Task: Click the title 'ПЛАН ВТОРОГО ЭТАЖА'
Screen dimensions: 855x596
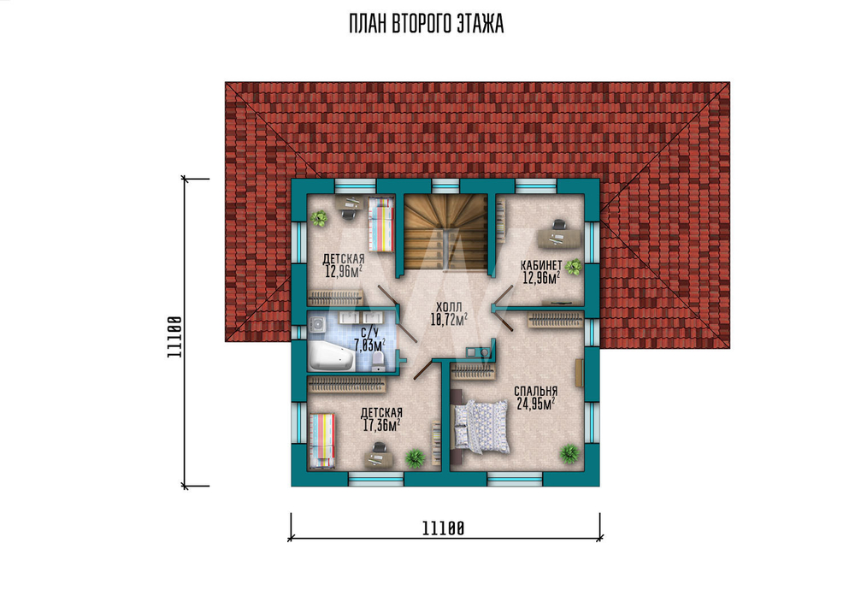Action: point(427,25)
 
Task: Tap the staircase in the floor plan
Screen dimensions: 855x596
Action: point(445,232)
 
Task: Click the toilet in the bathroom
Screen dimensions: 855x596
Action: point(377,361)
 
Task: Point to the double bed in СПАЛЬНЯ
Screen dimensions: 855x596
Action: point(481,427)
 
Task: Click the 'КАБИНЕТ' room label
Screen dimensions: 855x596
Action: point(541,265)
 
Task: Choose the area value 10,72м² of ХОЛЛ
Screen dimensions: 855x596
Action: point(449,320)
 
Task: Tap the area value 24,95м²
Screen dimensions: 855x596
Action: point(535,404)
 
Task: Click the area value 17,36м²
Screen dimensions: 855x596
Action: point(381,425)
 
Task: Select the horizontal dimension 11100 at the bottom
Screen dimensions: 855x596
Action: point(443,528)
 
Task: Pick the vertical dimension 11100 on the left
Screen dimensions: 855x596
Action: point(174,336)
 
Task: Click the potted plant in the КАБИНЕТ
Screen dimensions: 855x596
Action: point(574,267)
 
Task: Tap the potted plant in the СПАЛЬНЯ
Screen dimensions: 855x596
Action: point(569,453)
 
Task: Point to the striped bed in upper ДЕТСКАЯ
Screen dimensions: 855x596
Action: point(381,225)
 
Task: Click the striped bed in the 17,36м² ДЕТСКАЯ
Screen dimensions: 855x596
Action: point(322,440)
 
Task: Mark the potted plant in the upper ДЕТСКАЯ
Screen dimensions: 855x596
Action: point(319,219)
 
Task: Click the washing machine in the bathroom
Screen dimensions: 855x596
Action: point(317,325)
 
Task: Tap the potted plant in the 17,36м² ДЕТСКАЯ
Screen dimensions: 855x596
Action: point(415,458)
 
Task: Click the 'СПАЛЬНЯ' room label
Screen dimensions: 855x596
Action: point(535,391)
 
